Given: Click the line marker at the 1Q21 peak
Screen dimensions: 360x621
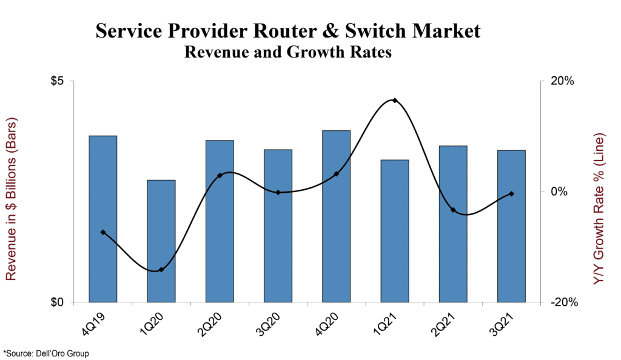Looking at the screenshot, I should [395, 101].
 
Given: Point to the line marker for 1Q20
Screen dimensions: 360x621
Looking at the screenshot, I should [161, 270].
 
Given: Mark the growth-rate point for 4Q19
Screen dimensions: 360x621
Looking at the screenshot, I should [103, 232].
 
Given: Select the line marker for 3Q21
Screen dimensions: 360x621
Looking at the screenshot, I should [511, 194].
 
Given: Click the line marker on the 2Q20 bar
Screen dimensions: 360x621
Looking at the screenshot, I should [220, 175].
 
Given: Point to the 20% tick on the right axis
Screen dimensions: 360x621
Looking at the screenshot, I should [562, 81].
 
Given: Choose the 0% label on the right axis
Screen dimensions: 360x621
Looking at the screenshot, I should [559, 192].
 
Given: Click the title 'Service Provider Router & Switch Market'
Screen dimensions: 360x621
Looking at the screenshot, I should [287, 31].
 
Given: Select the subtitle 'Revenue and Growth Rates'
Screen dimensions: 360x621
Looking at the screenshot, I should [287, 52].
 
